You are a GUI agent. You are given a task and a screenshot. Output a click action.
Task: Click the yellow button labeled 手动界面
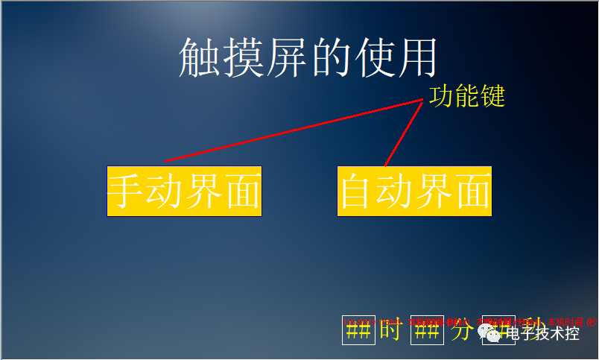(184, 192)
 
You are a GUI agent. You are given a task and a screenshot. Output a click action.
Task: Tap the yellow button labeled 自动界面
(414, 192)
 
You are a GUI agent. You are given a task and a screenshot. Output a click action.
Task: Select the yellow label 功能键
(467, 96)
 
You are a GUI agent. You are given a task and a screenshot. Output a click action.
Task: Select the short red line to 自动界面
(402, 134)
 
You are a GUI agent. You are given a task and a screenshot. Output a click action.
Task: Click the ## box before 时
(358, 331)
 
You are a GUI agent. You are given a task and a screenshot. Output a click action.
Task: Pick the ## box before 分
(427, 331)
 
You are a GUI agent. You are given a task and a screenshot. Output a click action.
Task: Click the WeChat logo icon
(492, 332)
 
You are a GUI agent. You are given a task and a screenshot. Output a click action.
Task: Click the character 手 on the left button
(127, 192)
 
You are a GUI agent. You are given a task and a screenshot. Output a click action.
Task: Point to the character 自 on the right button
(358, 192)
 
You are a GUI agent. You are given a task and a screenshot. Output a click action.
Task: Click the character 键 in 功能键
(492, 96)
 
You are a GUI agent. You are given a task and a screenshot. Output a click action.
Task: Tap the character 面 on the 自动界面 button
(473, 192)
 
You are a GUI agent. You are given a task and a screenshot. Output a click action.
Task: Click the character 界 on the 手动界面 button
(203, 192)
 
